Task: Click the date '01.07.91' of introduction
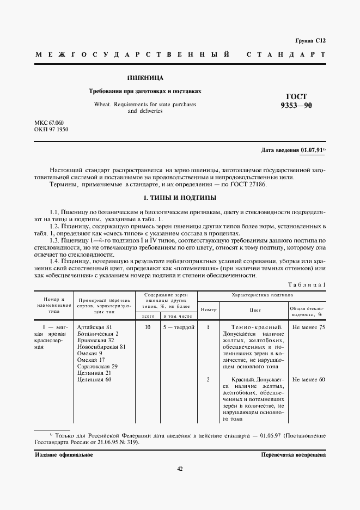(x=311, y=150)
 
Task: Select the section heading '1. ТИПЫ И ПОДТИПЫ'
(x=180, y=197)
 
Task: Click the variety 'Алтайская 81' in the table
(x=96, y=327)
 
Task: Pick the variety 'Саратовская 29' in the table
(x=98, y=366)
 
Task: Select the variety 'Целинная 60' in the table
(x=95, y=379)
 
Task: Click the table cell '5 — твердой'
(x=179, y=327)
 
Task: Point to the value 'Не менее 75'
(x=308, y=327)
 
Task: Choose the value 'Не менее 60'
(x=308, y=379)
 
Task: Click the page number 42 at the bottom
(x=180, y=469)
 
